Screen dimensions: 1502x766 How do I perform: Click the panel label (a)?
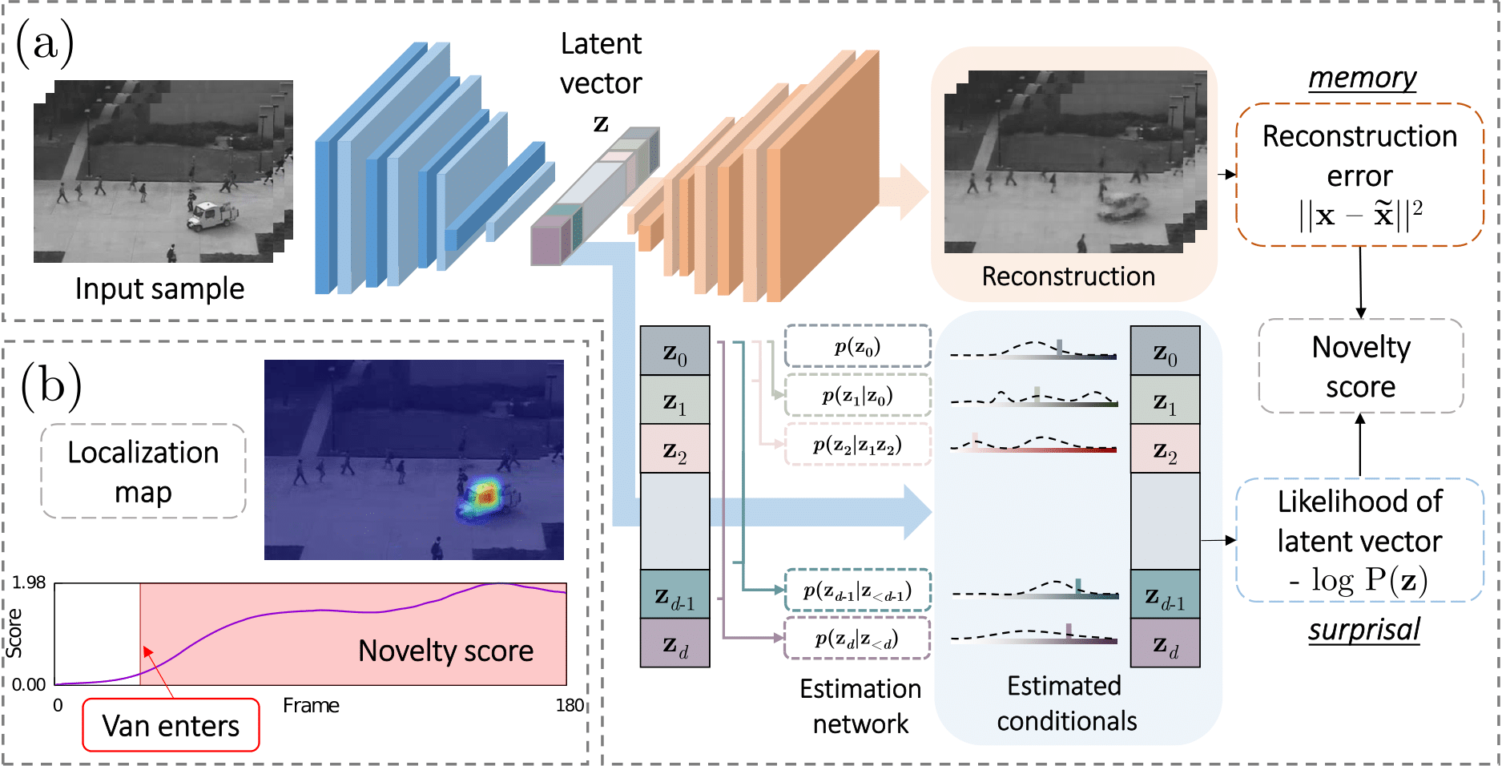pyautogui.click(x=45, y=43)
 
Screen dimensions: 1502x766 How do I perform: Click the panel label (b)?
pyautogui.click(x=51, y=385)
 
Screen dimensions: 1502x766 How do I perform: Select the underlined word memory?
pyautogui.click(x=1362, y=78)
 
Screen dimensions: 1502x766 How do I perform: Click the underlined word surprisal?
pyautogui.click(x=1364, y=630)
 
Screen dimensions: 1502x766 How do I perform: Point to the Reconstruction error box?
pyautogui.click(x=1359, y=174)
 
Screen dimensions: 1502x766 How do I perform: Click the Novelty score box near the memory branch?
pyautogui.click(x=1360, y=366)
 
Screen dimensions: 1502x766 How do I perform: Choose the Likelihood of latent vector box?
pyautogui.click(x=1359, y=540)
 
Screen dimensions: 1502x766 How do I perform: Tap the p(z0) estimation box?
pyautogui.click(x=857, y=346)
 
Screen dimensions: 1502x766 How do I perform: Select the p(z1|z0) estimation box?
pyautogui.click(x=857, y=395)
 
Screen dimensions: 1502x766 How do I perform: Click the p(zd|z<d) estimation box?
pyautogui.click(x=856, y=638)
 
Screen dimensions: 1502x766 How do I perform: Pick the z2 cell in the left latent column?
pyautogui.click(x=674, y=449)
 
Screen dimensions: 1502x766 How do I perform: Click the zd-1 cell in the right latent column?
pyautogui.click(x=1165, y=595)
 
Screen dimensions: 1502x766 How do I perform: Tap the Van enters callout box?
pyautogui.click(x=171, y=725)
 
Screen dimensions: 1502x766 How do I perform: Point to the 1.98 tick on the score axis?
pyautogui.click(x=29, y=583)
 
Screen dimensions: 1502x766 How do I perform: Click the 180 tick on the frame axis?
pyautogui.click(x=570, y=705)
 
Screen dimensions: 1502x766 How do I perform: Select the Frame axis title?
pyautogui.click(x=311, y=705)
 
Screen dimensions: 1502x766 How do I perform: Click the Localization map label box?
pyautogui.click(x=143, y=471)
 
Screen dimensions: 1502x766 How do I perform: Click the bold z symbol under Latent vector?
pyautogui.click(x=601, y=123)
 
